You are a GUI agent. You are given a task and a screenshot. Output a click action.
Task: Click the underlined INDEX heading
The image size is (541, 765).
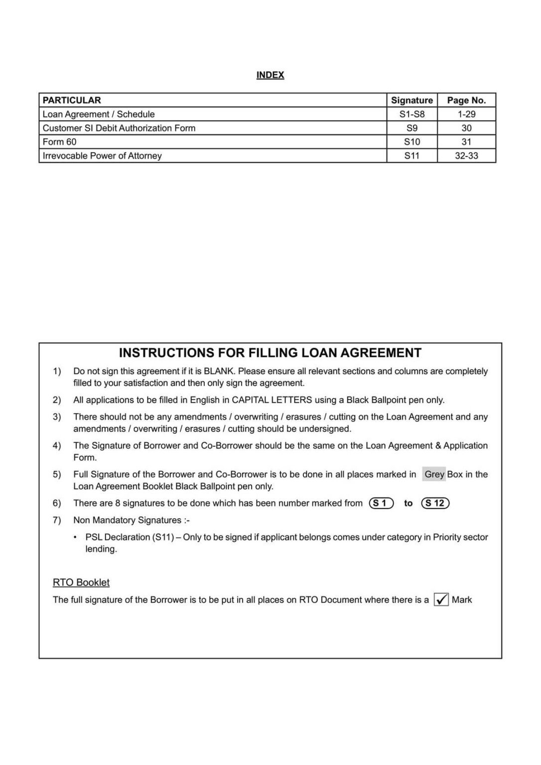[270, 75]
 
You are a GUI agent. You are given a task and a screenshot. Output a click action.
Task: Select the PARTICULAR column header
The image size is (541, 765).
[72, 100]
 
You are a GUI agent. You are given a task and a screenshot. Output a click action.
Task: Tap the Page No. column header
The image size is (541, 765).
[466, 100]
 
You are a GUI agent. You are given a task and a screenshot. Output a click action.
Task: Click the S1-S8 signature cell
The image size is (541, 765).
[412, 114]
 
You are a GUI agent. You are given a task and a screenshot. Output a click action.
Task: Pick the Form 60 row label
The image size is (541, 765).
[59, 142]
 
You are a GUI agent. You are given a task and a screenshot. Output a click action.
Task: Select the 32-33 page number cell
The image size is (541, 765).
[466, 156]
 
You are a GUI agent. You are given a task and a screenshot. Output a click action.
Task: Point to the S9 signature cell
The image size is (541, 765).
[412, 128]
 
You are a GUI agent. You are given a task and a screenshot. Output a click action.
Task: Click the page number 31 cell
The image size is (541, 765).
[466, 142]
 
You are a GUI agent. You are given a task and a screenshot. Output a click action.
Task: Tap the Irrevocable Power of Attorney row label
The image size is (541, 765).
[102, 156]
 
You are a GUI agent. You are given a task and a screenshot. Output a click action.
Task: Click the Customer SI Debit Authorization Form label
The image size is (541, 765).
[119, 128]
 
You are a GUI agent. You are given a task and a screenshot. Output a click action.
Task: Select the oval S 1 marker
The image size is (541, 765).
[382, 503]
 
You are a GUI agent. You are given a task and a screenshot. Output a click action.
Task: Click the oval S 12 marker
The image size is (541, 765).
[435, 503]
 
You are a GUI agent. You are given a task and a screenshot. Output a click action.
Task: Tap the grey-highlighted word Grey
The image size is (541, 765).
[434, 474]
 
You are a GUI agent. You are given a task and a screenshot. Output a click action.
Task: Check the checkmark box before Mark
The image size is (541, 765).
[441, 600]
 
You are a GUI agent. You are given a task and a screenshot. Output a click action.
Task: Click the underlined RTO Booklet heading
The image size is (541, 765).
[81, 583]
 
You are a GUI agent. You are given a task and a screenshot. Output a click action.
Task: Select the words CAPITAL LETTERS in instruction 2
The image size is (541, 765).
[272, 400]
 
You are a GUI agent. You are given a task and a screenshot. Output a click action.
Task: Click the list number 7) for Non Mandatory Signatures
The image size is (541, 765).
[57, 520]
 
